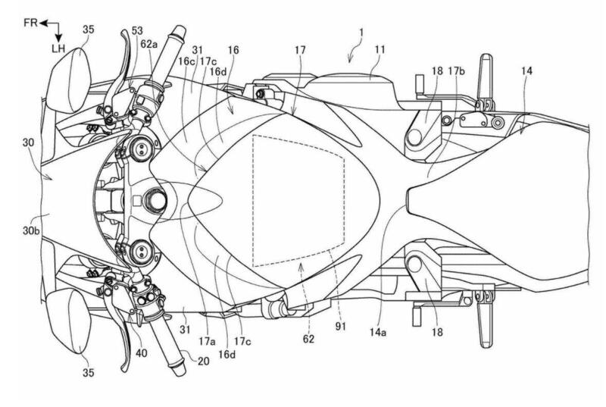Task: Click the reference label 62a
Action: [x=149, y=45]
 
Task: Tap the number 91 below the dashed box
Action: [x=340, y=327]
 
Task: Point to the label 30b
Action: [x=30, y=230]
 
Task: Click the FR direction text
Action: [x=30, y=23]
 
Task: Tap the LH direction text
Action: [x=58, y=49]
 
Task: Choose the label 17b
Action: [x=457, y=71]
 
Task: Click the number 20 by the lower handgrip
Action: [x=203, y=361]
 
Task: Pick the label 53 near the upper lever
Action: [x=137, y=30]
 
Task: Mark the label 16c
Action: [x=186, y=61]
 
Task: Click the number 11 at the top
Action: [x=380, y=50]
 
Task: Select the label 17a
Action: [x=207, y=342]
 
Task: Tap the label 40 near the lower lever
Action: [x=142, y=353]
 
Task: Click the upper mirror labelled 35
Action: [x=69, y=80]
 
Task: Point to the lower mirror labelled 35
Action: [x=69, y=321]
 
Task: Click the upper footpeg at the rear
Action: [x=486, y=82]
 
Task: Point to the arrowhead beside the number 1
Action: [x=350, y=59]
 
